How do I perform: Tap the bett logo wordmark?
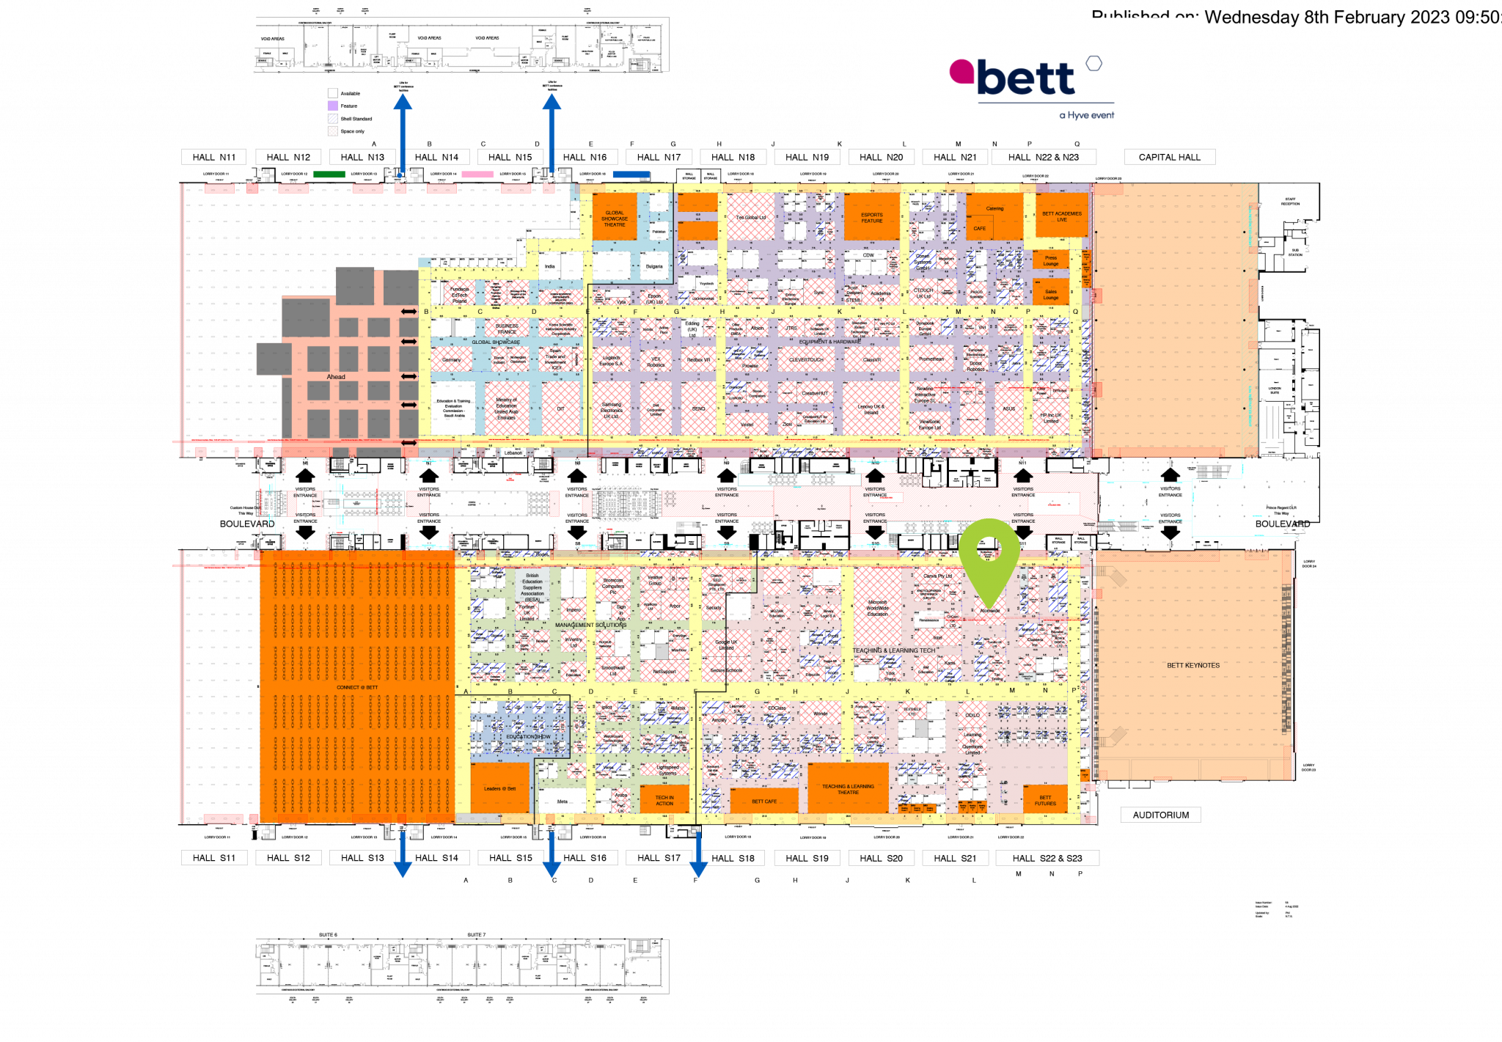(x=1025, y=78)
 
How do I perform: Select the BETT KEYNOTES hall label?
(x=1193, y=665)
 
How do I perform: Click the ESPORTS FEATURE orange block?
(x=871, y=218)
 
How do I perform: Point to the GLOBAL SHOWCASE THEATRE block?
(x=615, y=219)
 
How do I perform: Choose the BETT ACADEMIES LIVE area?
(x=1061, y=216)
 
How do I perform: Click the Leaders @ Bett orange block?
(x=499, y=788)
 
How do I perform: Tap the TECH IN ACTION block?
(x=664, y=800)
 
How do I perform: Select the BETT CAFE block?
(x=764, y=801)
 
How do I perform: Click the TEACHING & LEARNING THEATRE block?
(x=848, y=789)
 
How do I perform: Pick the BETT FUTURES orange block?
(x=1045, y=800)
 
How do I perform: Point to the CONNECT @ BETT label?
(x=357, y=687)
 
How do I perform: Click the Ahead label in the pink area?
(x=336, y=377)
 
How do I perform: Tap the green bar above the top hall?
(x=329, y=175)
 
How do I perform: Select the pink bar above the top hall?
(x=477, y=175)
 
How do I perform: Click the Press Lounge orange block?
(x=1051, y=260)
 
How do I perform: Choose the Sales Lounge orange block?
(x=1051, y=294)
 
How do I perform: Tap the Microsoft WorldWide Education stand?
(x=877, y=608)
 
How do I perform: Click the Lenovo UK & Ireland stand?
(x=871, y=409)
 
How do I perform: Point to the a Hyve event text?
(x=1086, y=115)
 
